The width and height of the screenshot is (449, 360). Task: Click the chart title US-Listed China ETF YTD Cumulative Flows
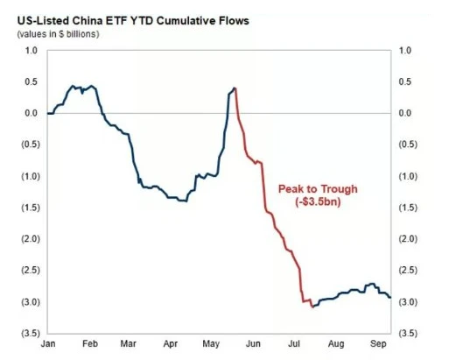pos(133,21)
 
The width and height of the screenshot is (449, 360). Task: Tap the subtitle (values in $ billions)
pos(59,34)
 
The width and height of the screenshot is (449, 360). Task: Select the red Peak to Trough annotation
pos(318,195)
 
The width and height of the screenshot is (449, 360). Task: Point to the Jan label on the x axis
pos(48,343)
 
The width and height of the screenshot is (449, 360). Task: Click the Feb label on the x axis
pos(90,343)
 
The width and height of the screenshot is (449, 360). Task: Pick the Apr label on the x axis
pos(171,344)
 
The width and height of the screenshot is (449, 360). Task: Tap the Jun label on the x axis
pos(253,343)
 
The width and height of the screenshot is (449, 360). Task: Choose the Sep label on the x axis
pos(378,344)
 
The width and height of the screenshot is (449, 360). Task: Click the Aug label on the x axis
pos(336,344)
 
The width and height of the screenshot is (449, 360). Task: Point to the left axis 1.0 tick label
pos(32,51)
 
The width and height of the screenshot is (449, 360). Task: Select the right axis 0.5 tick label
pos(405,81)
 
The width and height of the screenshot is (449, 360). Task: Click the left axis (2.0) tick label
pos(31,239)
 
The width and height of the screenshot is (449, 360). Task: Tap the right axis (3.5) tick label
pos(408,333)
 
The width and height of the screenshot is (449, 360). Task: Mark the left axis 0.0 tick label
pos(32,113)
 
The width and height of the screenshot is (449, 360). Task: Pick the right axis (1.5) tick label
pos(408,208)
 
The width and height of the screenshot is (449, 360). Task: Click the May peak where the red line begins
pos(235,88)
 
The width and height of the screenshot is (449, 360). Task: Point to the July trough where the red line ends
pos(312,307)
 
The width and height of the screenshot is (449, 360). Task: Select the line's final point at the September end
pos(390,298)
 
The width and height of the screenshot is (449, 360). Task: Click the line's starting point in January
pos(47,113)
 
